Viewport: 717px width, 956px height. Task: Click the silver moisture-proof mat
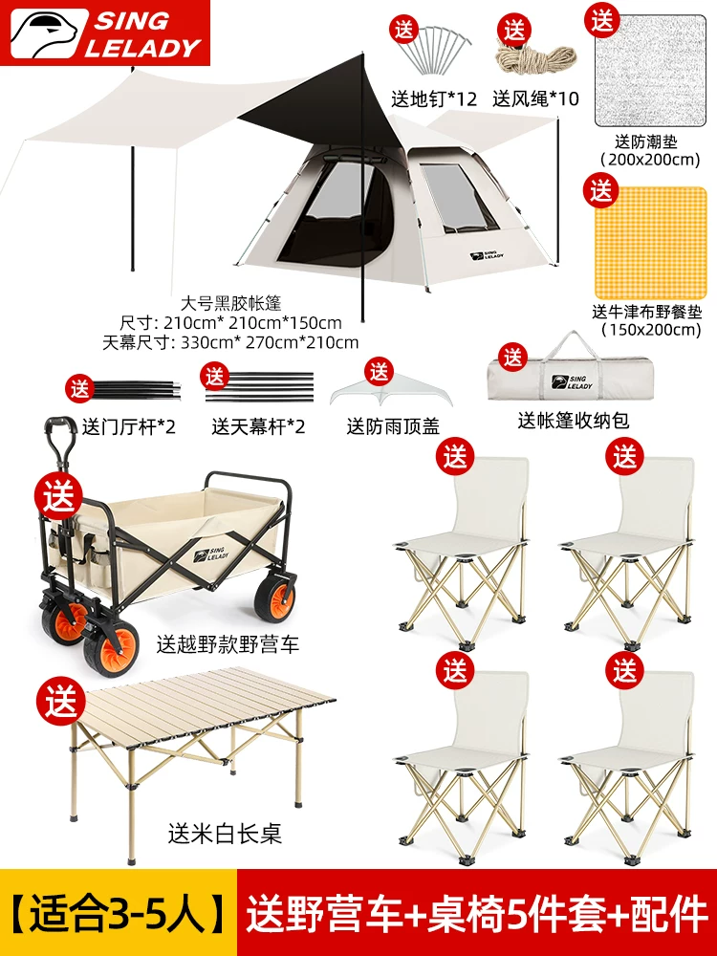click(x=651, y=71)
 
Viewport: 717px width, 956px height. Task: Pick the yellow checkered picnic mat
click(x=650, y=243)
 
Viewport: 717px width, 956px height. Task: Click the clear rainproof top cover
click(x=392, y=391)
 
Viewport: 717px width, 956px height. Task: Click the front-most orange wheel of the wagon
click(x=111, y=649)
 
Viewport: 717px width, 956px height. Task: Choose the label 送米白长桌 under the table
click(x=225, y=834)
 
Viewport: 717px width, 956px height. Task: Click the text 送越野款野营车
click(x=228, y=644)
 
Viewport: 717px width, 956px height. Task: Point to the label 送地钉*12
click(x=433, y=98)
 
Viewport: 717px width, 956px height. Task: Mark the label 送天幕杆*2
click(x=258, y=426)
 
